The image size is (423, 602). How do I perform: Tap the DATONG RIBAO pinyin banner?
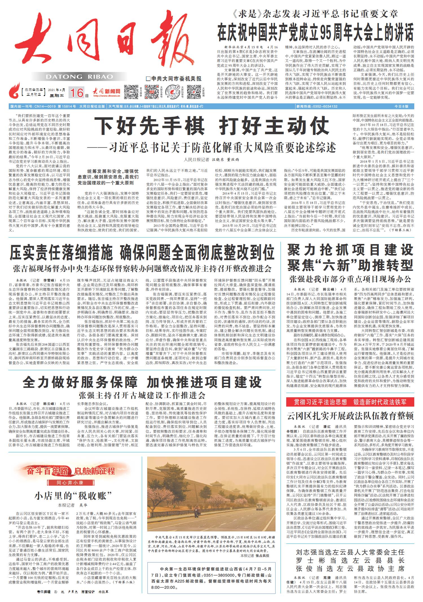(79, 77)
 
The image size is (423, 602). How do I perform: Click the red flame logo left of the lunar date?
(14, 91)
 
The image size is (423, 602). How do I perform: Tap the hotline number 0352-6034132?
(324, 106)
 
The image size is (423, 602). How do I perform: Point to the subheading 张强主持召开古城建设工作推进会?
(142, 394)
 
